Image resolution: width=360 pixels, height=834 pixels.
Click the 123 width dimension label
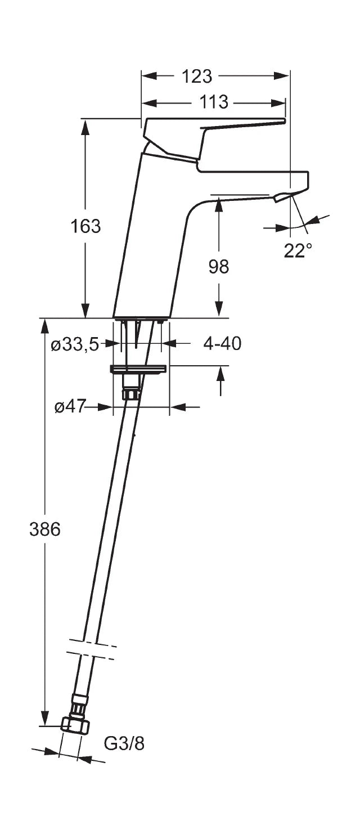click(x=196, y=77)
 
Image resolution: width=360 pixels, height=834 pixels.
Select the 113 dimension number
click(x=213, y=102)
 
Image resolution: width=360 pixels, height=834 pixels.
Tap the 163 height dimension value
click(x=85, y=226)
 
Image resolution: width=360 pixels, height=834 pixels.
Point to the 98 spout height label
click(x=219, y=267)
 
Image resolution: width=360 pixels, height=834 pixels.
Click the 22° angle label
click(x=298, y=250)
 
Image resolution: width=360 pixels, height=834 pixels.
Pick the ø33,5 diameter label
click(x=75, y=345)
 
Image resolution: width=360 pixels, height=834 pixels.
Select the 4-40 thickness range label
click(x=222, y=343)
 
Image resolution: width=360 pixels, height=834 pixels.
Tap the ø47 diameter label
click(x=70, y=406)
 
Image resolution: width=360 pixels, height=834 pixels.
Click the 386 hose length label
click(x=44, y=530)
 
